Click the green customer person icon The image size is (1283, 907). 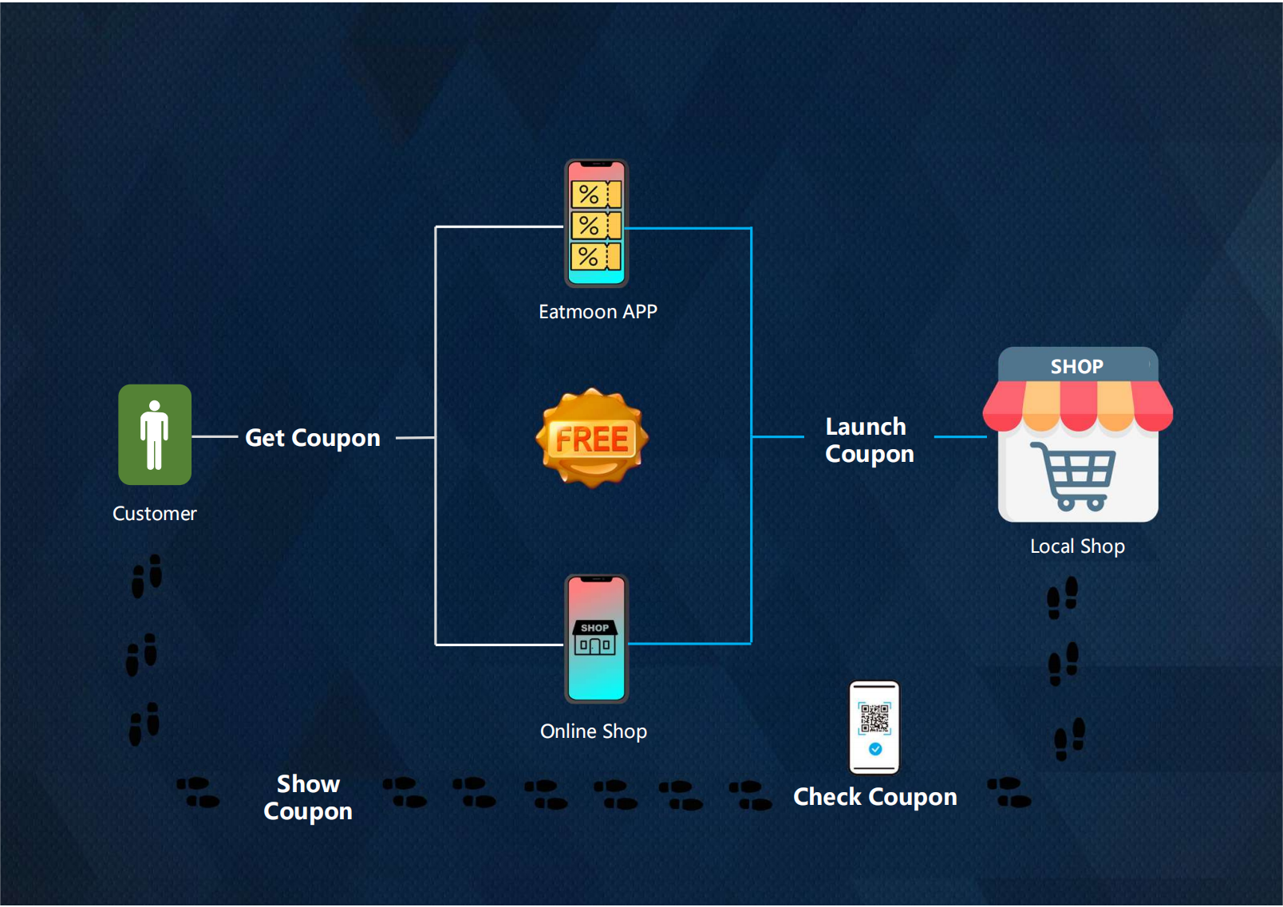155,435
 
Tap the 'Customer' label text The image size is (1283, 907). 154,514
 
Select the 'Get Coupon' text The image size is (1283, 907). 312,438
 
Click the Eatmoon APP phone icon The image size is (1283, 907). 596,223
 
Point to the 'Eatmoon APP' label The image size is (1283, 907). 598,312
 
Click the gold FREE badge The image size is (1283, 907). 592,438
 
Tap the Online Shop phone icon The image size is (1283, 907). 596,639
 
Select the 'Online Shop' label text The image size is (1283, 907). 594,732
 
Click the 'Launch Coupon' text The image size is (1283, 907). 869,440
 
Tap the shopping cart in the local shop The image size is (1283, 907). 1075,475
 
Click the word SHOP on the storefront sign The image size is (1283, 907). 1076,366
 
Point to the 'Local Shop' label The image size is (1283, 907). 1077,546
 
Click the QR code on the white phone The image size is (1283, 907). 874,718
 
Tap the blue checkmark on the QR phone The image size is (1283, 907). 875,749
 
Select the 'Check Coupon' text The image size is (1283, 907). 874,797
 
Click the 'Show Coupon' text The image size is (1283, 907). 308,798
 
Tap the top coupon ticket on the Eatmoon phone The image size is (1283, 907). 596,195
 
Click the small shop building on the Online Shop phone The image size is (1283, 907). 595,638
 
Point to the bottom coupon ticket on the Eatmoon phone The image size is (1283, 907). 596,257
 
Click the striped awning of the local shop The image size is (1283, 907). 1077,405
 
